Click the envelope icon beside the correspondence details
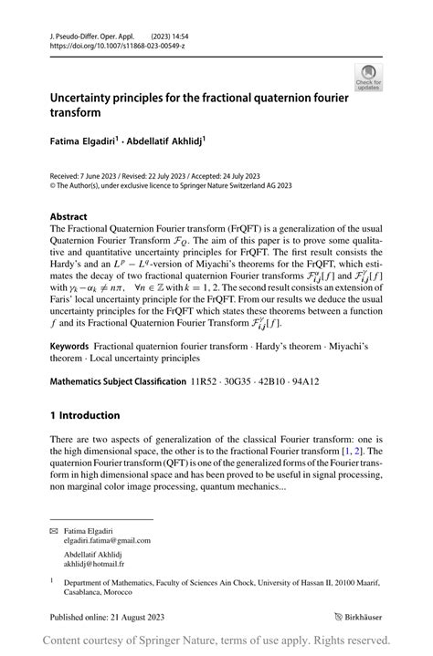54,530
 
